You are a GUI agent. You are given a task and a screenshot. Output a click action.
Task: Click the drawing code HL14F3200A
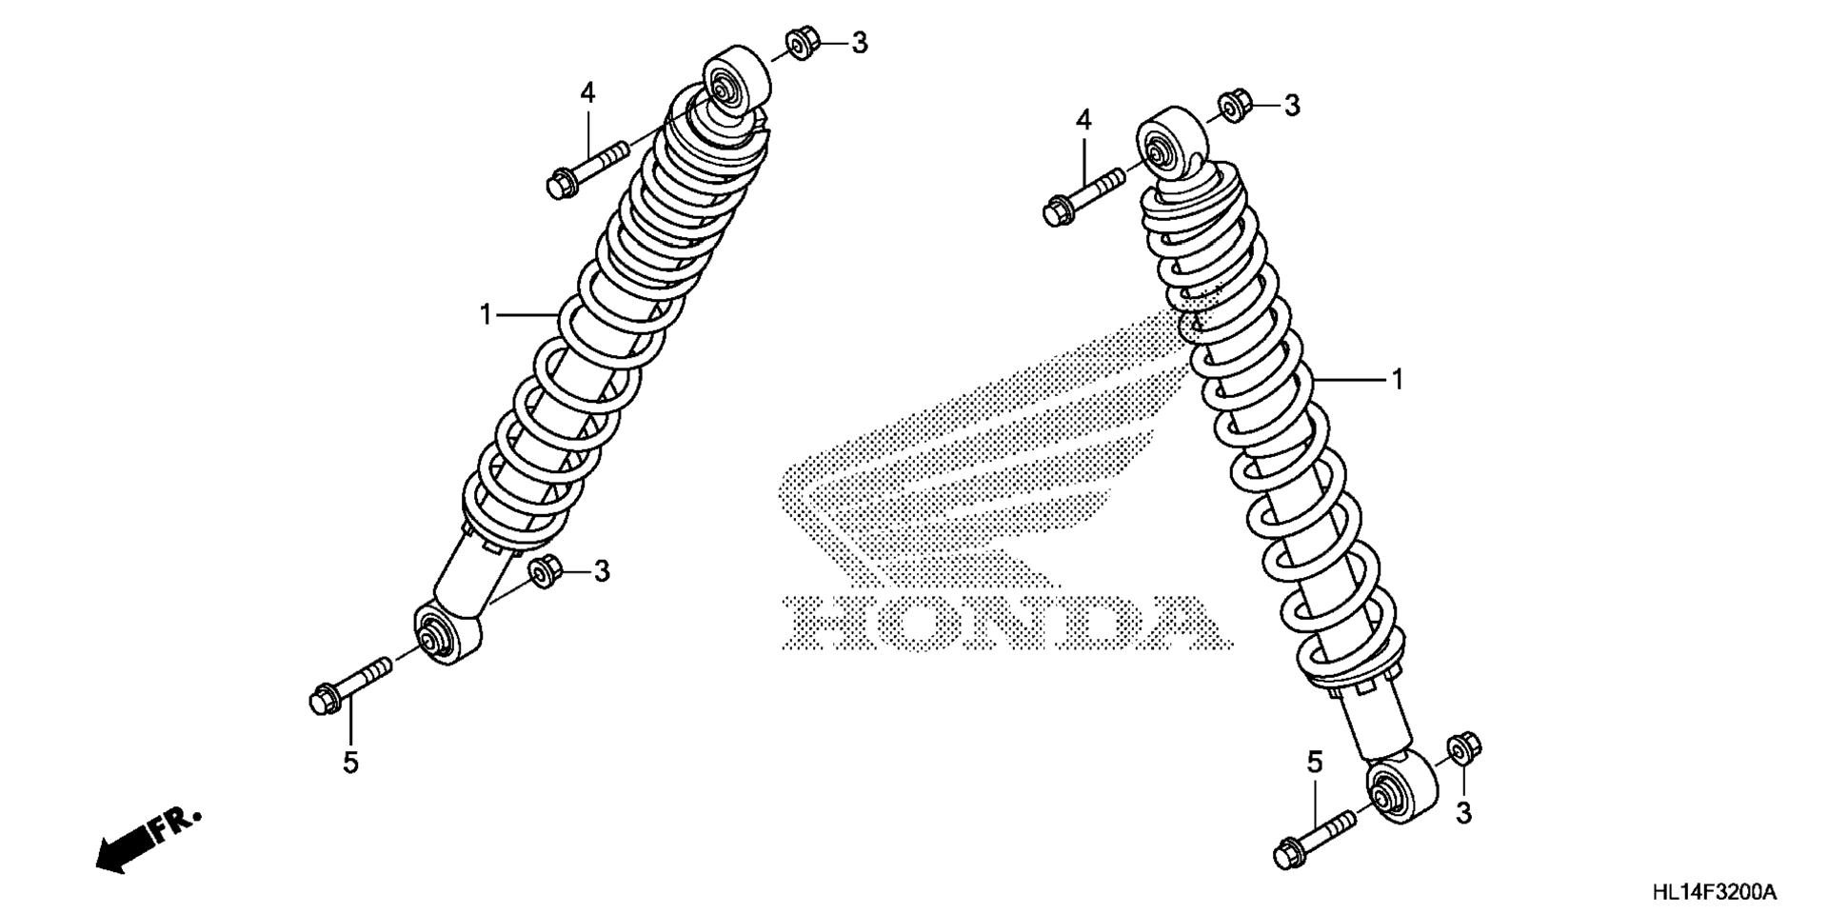click(x=1715, y=892)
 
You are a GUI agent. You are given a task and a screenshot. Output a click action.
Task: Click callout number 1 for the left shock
click(x=487, y=314)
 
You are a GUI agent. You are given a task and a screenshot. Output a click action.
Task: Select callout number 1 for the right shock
click(x=1397, y=380)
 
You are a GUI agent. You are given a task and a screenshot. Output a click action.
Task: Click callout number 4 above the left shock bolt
click(x=587, y=93)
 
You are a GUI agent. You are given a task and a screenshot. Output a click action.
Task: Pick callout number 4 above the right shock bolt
click(x=1083, y=120)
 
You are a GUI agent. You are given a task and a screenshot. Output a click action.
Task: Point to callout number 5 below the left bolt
click(x=350, y=762)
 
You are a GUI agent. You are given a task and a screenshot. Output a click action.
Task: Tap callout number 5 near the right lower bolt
click(x=1315, y=762)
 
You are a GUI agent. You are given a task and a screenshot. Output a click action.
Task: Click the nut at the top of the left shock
click(x=802, y=44)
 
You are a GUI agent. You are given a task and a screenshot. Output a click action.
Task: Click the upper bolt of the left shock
click(x=587, y=168)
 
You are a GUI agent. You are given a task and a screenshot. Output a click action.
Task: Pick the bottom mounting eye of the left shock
click(x=447, y=632)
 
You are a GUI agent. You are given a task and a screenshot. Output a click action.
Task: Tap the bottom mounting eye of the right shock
click(x=1402, y=785)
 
